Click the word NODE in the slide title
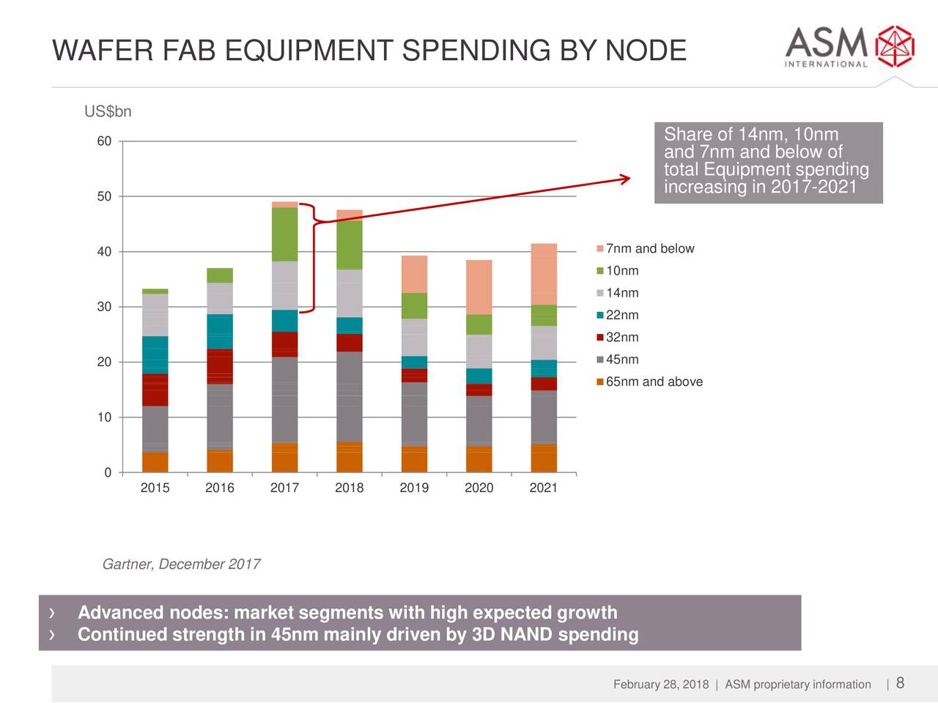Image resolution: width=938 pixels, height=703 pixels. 645,51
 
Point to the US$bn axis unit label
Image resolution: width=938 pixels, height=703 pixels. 108,111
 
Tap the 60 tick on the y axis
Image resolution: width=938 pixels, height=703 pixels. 104,141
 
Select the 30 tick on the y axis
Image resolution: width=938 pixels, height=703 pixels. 104,307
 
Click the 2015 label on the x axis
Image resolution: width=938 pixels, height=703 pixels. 155,488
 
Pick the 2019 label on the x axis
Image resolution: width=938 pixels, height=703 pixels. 414,488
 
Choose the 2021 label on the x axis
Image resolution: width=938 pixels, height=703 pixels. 543,488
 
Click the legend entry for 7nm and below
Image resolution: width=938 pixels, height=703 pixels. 649,249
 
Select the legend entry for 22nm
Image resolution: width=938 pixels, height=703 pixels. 621,316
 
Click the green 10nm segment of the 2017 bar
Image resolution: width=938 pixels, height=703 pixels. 284,234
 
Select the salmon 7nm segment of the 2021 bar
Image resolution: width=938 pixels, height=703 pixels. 544,274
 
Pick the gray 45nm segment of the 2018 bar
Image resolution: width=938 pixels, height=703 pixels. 350,396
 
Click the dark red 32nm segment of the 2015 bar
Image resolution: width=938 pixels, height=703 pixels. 155,390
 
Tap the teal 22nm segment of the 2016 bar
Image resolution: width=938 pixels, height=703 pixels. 220,331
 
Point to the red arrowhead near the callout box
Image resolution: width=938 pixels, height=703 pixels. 624,178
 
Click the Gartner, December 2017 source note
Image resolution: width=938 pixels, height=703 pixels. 181,564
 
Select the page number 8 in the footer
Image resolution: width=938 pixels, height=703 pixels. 900,683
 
